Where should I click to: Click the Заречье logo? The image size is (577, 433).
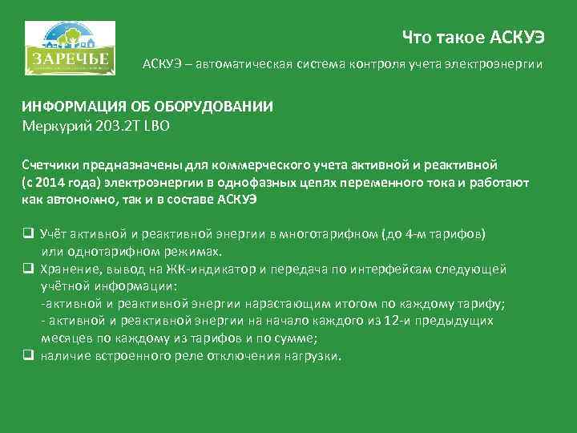pos(70,50)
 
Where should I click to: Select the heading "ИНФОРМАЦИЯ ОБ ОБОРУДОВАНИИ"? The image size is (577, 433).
pos(147,107)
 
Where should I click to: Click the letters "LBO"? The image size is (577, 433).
pos(157,125)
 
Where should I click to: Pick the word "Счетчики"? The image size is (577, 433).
pos(52,165)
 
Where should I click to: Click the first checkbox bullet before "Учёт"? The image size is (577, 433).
pos(26,233)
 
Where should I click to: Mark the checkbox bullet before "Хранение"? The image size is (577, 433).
pos(26,268)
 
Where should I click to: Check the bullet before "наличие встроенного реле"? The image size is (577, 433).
pos(26,355)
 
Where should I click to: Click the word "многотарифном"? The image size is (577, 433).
pos(323,233)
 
